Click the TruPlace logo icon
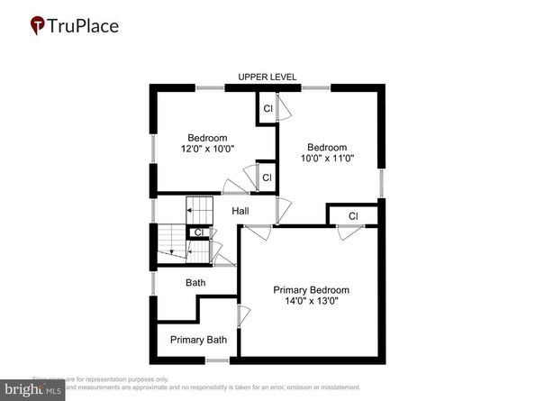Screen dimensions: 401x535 [x=38, y=26]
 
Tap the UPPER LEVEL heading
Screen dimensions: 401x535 [x=267, y=77]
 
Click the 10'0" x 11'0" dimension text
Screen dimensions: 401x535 [x=326, y=159]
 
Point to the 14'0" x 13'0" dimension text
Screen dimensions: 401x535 [x=311, y=302]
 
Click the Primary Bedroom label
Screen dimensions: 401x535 [x=311, y=290]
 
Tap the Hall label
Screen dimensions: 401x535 [x=240, y=211]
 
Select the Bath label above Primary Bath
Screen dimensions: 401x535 [x=195, y=283]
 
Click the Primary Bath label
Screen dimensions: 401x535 [x=198, y=340]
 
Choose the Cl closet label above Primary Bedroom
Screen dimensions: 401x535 [x=353, y=216]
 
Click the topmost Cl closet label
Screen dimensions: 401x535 [x=267, y=108]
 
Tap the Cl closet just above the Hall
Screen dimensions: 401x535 [x=266, y=177]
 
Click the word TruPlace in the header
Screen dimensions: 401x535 [x=83, y=25]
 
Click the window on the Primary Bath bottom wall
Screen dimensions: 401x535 [x=216, y=360]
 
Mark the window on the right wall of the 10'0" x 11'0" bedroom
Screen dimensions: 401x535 [x=381, y=183]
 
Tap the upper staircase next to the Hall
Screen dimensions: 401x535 [x=200, y=210]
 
